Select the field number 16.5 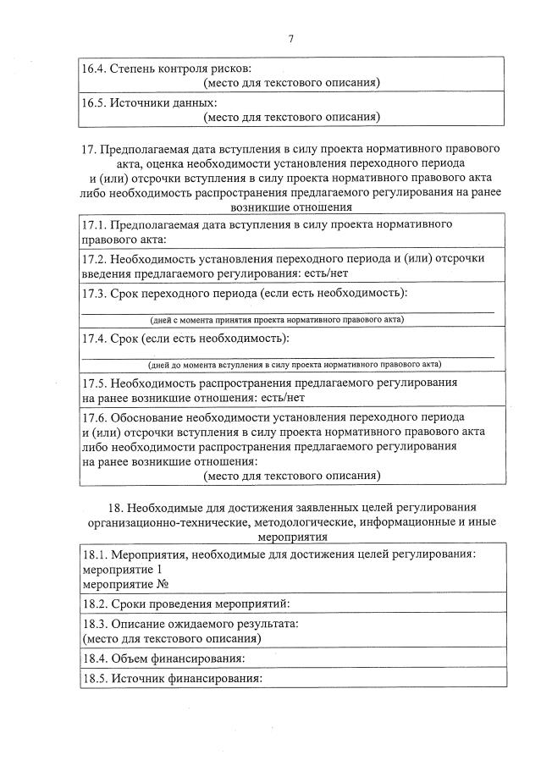pos(95,102)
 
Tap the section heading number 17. pos(89,150)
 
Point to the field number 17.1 pos(95,224)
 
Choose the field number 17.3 pos(95,294)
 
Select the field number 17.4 pos(95,339)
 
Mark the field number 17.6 pos(95,418)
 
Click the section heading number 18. pos(118,508)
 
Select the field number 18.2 pos(95,604)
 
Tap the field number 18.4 pos(95,659)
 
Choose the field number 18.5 pos(95,679)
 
